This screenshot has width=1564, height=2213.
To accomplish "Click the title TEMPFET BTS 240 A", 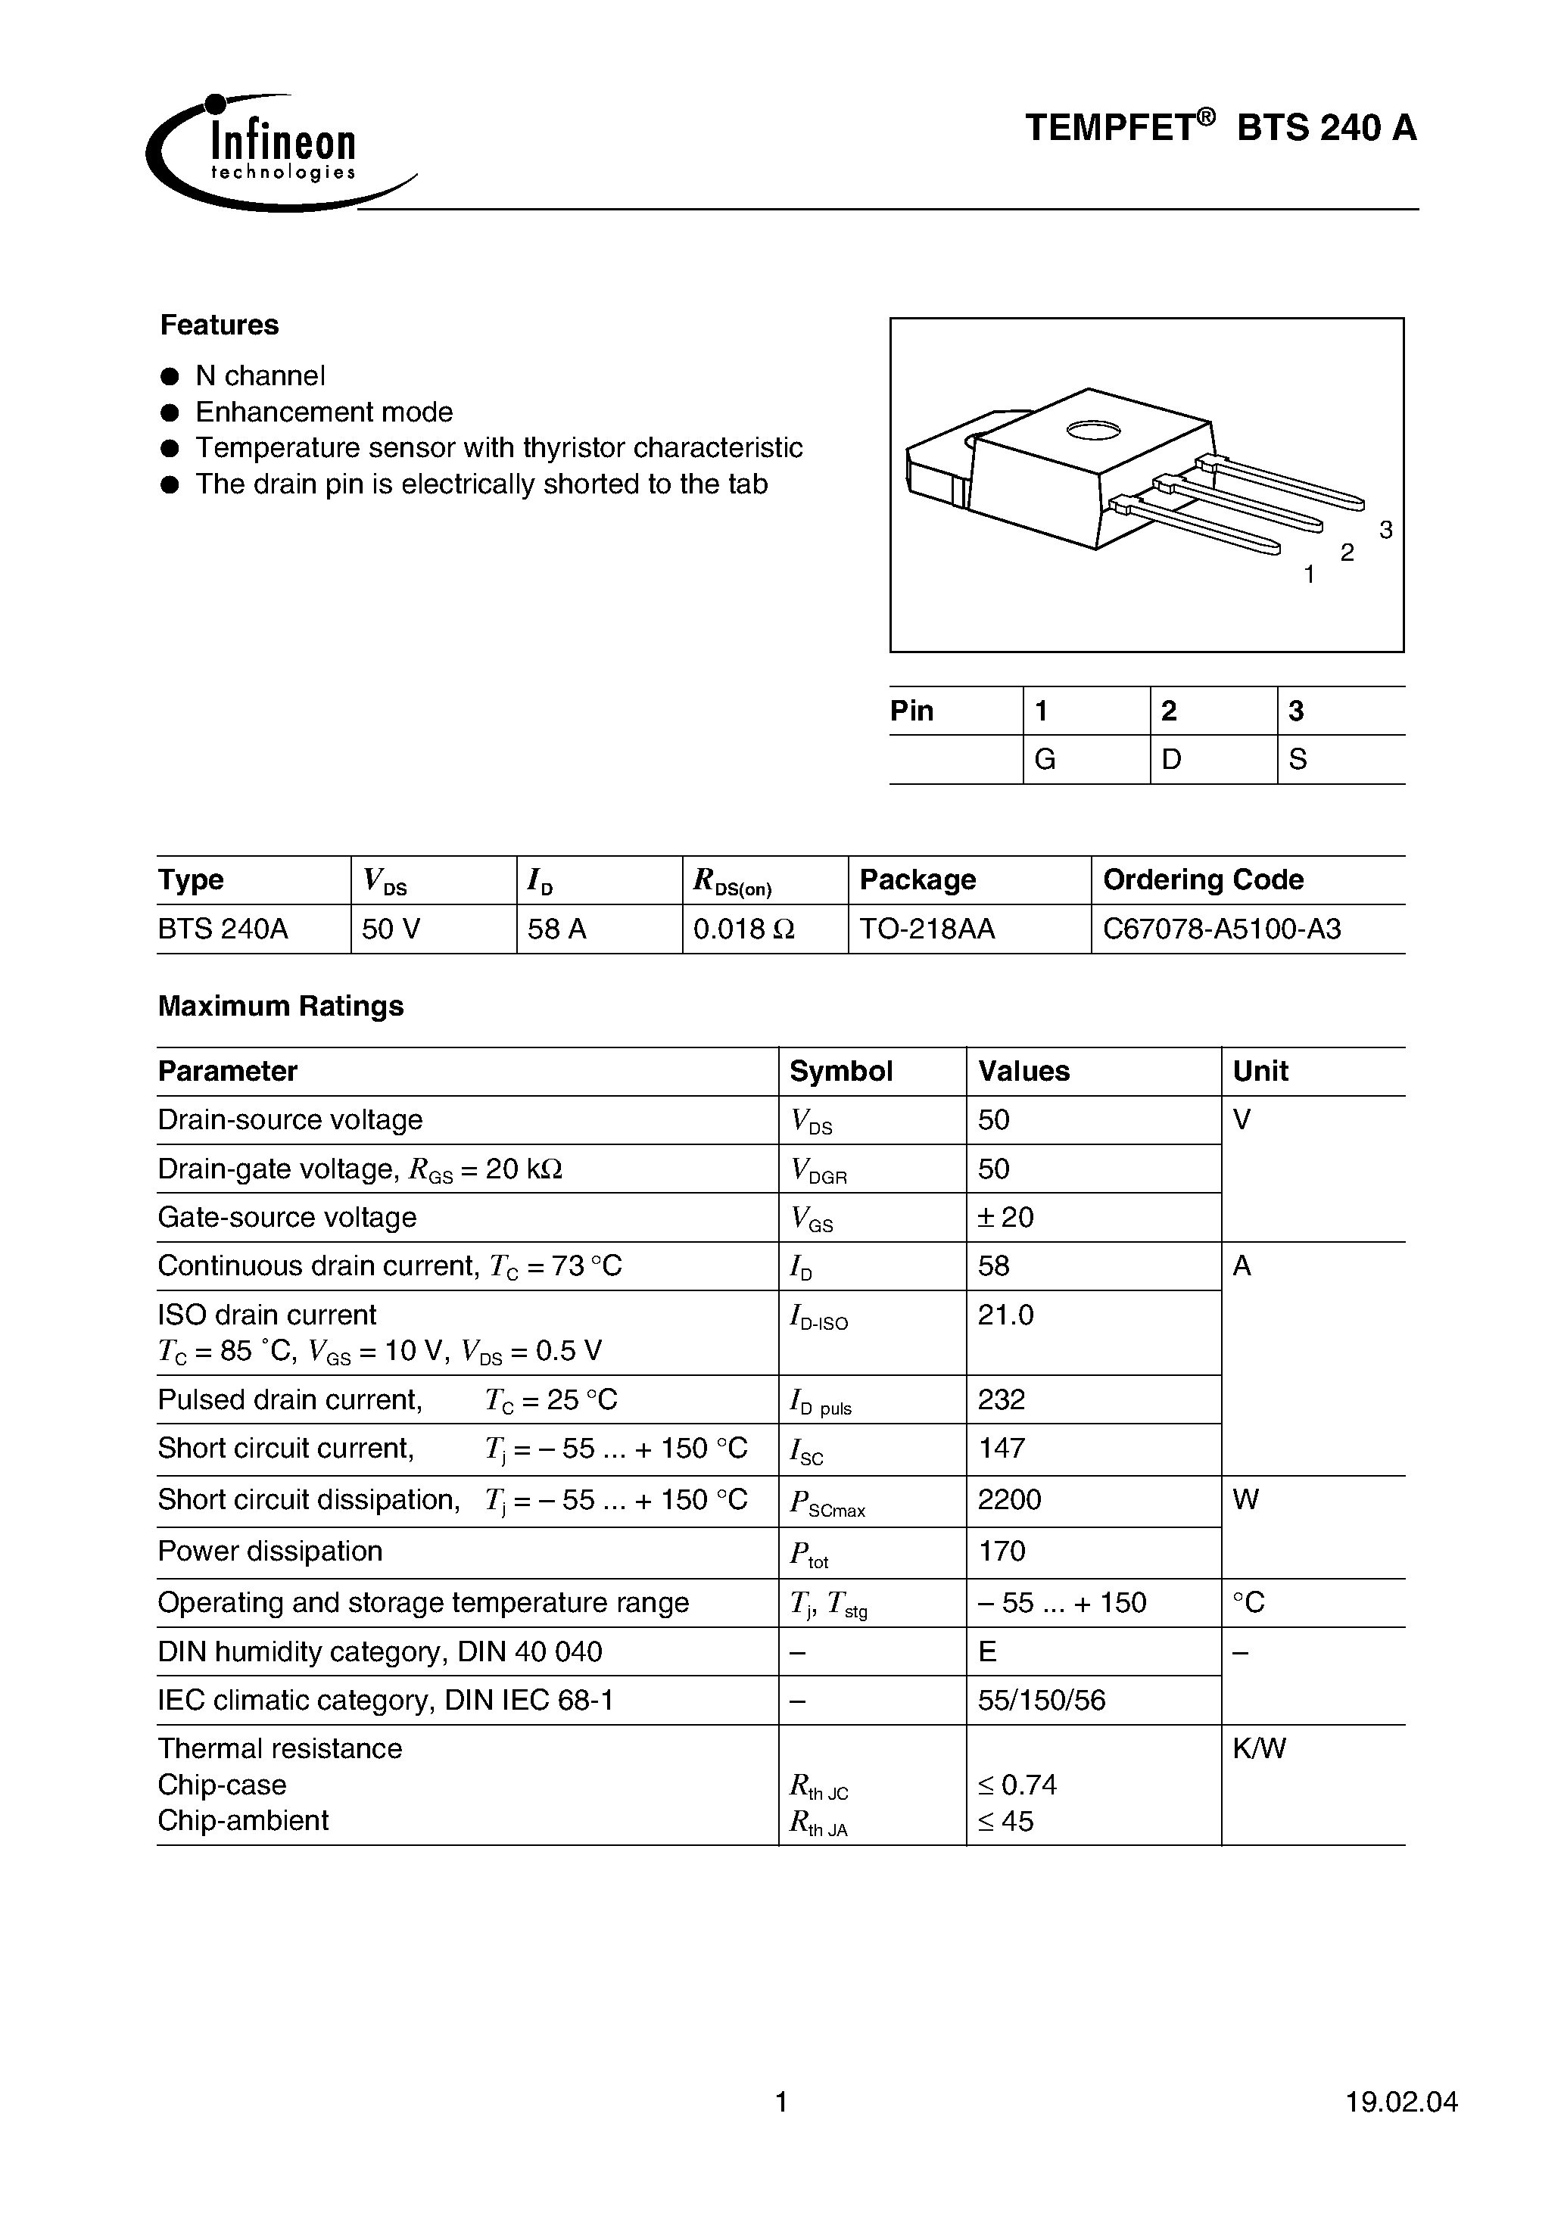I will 1220,128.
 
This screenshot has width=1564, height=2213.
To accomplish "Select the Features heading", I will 219,325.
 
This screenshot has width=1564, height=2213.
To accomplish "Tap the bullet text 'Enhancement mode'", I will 324,412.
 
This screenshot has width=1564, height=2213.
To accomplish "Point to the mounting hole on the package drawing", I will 1092,431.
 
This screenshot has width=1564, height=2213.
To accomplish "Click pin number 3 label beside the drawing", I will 1385,529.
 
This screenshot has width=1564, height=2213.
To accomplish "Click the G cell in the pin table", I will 1045,760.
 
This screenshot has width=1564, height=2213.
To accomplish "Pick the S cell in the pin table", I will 1298,760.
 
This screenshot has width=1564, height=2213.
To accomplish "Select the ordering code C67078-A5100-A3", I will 1221,929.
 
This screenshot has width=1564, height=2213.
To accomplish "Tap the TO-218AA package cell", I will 927,929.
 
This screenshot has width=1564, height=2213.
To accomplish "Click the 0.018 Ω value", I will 743,929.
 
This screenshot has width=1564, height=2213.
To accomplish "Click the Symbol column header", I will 841,1071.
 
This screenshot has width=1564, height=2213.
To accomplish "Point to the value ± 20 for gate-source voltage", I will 1006,1217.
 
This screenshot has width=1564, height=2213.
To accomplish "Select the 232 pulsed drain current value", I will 1001,1399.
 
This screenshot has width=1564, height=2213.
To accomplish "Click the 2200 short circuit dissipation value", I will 1010,1500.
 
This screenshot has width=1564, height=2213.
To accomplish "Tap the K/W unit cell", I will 1259,1748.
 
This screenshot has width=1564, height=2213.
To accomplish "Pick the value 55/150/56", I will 1042,1700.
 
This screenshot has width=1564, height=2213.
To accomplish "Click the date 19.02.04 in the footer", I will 1401,2103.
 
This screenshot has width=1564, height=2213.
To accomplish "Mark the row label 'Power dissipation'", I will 270,1551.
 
